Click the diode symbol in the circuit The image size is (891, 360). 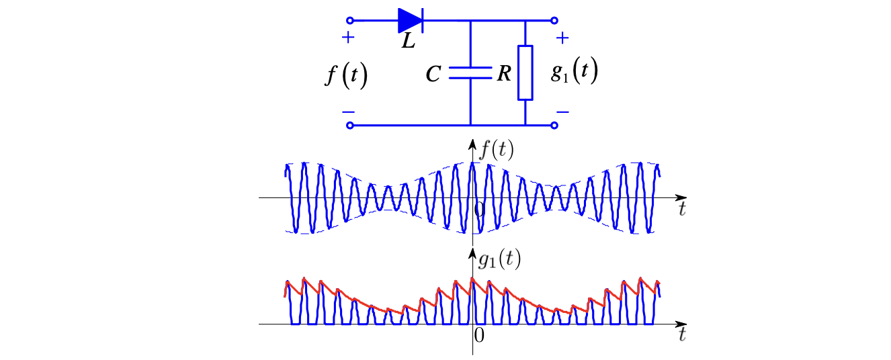(411, 20)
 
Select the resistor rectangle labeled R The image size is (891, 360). (525, 73)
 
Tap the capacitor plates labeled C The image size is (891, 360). (470, 73)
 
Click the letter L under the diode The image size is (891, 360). (409, 41)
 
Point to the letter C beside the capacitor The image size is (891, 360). (433, 74)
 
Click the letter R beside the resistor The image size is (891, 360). (504, 74)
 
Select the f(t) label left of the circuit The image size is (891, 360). (346, 75)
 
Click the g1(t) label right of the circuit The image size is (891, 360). (575, 71)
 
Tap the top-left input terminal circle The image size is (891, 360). (350, 20)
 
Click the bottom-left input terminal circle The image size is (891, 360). (350, 126)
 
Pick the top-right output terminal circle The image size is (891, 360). (554, 20)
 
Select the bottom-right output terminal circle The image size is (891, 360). (554, 126)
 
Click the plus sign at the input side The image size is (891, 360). (348, 38)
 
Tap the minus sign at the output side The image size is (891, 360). (562, 112)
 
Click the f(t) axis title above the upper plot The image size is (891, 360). (497, 150)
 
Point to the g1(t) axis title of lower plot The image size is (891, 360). (500, 260)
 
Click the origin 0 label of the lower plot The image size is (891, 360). (479, 336)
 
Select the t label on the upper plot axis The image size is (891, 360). (682, 209)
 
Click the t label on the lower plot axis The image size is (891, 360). (682, 334)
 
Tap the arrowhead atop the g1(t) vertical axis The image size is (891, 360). (472, 253)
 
